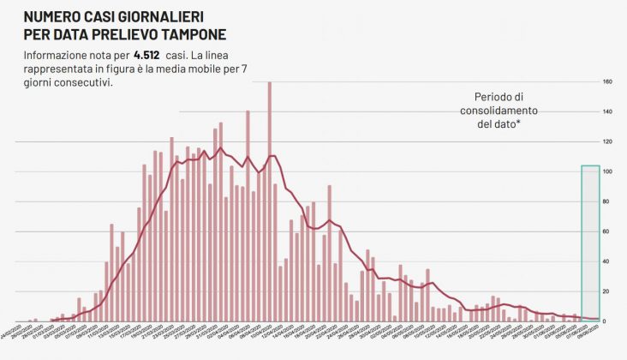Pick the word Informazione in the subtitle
pos(59,55)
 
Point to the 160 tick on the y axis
pos(606,82)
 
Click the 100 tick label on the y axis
pos(606,172)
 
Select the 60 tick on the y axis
pos(606,232)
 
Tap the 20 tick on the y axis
pos(606,291)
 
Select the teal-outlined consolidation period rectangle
pos(589,243)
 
